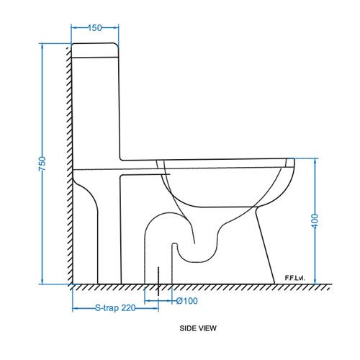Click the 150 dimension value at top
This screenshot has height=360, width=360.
point(94,27)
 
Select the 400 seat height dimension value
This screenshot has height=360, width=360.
point(315,221)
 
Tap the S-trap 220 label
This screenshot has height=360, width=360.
point(115,308)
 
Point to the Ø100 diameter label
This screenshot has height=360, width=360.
point(186,301)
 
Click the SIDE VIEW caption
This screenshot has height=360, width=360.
point(198,328)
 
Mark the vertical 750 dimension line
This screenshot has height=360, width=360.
point(42,108)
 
